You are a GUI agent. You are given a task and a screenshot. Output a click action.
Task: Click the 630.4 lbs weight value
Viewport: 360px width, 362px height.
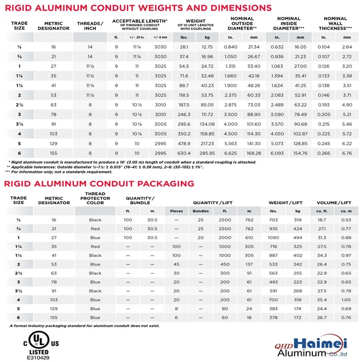[184, 153]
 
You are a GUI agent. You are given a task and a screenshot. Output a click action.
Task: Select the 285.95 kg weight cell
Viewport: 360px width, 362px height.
[207, 153]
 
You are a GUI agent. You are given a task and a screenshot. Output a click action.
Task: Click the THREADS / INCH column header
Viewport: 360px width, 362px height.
[90, 25]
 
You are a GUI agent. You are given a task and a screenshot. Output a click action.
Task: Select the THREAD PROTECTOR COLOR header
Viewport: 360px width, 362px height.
[95, 199]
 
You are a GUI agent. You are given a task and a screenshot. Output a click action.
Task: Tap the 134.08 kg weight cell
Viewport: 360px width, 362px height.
[207, 124]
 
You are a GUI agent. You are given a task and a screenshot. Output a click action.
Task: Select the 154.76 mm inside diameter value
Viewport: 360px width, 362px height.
[301, 153]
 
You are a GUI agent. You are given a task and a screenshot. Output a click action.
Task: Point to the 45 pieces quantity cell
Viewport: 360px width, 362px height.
[176, 264]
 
